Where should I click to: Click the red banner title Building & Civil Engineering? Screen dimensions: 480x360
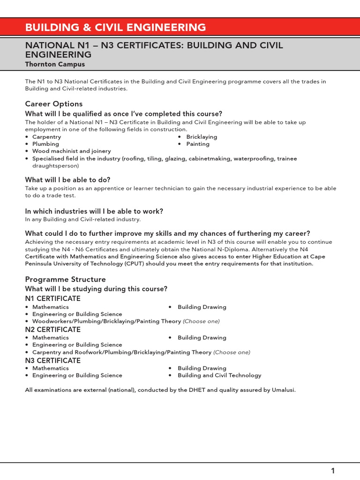(x=115, y=27)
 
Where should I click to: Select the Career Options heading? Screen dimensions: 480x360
(x=53, y=104)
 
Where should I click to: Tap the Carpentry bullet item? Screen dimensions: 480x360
(x=46, y=137)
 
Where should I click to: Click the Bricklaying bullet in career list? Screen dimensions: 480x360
(x=202, y=137)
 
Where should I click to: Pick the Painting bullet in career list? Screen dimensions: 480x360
(x=198, y=144)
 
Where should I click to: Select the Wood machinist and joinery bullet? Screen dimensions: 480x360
(x=71, y=151)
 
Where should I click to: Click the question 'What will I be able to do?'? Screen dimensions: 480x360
(x=67, y=180)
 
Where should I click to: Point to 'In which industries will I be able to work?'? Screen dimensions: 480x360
(x=94, y=211)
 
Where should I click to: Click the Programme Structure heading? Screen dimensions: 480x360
(x=65, y=279)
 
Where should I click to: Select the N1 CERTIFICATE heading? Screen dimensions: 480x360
(x=52, y=299)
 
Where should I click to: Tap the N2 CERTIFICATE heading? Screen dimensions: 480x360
(x=52, y=330)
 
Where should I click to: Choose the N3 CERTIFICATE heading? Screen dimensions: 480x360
(x=52, y=360)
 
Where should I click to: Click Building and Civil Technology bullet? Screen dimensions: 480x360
(x=219, y=375)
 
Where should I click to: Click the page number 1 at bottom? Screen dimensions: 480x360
(x=333, y=471)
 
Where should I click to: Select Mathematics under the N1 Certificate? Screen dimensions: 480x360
(x=50, y=307)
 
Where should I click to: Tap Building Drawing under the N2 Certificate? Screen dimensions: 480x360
(x=202, y=337)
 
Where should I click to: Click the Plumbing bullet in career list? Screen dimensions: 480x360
(x=45, y=144)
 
